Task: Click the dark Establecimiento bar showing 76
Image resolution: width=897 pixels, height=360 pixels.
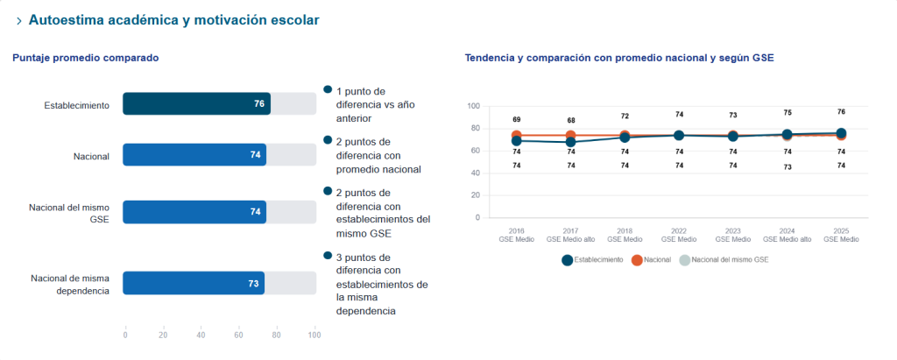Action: (x=197, y=103)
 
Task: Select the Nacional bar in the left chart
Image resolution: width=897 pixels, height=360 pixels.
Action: (x=194, y=154)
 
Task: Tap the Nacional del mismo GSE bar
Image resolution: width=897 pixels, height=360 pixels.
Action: (x=194, y=212)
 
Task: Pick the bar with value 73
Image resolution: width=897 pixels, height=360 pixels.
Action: (x=194, y=283)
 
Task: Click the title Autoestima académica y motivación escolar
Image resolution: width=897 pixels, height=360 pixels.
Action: (x=174, y=20)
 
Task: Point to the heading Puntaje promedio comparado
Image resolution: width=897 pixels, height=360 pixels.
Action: (x=86, y=58)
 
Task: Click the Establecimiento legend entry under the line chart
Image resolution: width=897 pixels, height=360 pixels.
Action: (x=593, y=260)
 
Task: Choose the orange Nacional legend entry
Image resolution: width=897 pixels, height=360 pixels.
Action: (x=651, y=260)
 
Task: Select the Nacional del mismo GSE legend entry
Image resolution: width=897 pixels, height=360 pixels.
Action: (x=724, y=260)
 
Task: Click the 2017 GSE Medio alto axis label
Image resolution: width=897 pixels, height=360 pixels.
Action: (x=570, y=236)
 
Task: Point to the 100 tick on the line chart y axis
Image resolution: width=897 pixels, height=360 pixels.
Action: (x=473, y=106)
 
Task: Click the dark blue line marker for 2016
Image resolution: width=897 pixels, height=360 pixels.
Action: (x=517, y=141)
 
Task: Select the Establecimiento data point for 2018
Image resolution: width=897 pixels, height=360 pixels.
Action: (x=625, y=138)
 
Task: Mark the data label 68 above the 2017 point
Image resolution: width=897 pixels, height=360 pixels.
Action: (x=571, y=120)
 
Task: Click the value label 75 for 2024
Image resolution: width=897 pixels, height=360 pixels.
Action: (x=788, y=113)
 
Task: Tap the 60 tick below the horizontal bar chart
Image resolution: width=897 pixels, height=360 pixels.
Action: (x=238, y=335)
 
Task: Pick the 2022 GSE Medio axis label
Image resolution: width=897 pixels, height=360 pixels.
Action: (x=679, y=236)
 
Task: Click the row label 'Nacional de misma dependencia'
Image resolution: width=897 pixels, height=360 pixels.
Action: (x=70, y=285)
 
